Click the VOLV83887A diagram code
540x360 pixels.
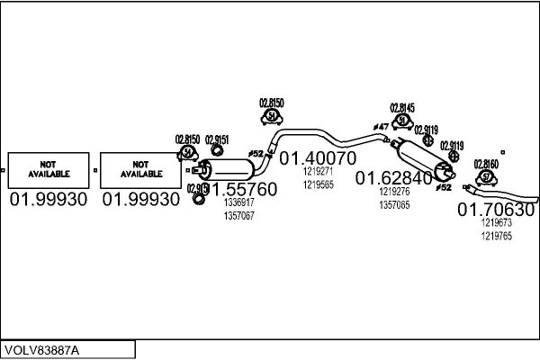point(41,349)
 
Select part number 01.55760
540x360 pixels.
point(243,190)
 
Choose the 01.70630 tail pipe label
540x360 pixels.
point(496,210)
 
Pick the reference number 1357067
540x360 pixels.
point(238,215)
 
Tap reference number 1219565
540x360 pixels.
point(319,184)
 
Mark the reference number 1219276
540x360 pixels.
point(394,192)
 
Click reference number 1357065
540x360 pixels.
point(394,204)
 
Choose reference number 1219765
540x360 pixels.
point(496,235)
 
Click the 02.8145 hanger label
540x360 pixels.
point(402,107)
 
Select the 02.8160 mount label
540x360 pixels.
point(486,163)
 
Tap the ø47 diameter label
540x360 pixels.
point(381,127)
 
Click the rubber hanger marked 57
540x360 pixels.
point(486,176)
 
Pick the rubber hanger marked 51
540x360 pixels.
point(402,121)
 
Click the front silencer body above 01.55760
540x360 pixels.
point(229,170)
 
